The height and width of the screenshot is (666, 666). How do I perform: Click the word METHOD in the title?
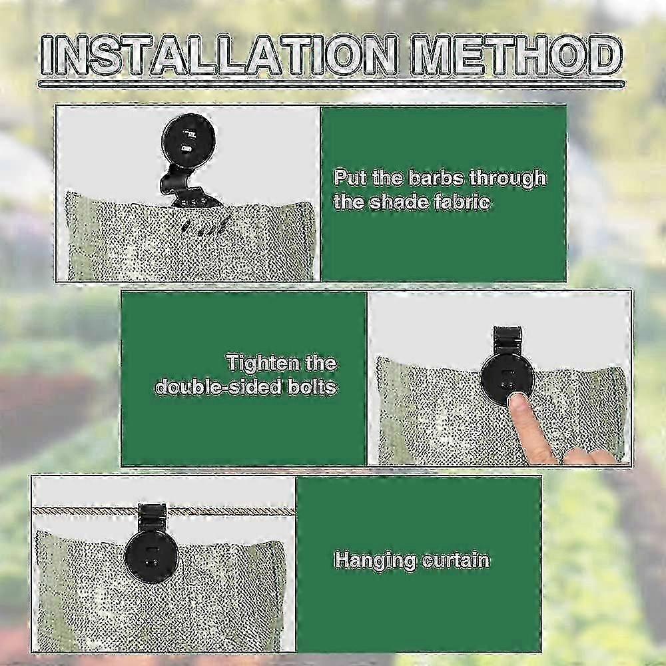point(515,55)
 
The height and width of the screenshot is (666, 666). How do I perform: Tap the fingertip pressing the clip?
point(517,404)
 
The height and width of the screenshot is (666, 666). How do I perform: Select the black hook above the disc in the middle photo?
point(507,343)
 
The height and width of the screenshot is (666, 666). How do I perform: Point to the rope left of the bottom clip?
point(86,511)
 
